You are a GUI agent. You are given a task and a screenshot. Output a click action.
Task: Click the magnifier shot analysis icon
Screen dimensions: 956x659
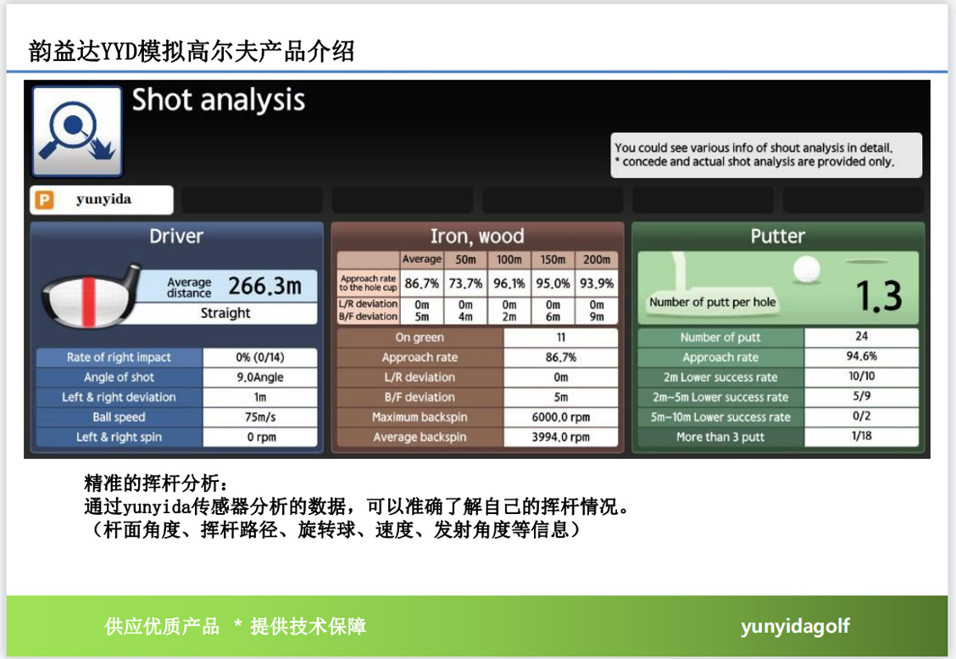77,131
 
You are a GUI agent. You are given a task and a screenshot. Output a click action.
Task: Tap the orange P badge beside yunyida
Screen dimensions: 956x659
45,199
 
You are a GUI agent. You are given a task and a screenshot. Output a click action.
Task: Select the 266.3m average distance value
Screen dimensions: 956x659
264,286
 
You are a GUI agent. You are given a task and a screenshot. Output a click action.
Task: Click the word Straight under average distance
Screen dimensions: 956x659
225,313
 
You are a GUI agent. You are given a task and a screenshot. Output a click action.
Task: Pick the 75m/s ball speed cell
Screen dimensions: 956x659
260,417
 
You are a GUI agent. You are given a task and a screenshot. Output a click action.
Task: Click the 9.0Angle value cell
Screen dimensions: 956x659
260,377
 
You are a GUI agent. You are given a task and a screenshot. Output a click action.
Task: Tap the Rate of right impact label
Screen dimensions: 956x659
119,358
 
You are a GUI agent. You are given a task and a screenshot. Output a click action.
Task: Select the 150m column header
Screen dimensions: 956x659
553,260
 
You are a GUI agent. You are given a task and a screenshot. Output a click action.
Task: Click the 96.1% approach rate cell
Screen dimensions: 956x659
509,284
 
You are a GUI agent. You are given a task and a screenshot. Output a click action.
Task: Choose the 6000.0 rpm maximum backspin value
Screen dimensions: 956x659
561,417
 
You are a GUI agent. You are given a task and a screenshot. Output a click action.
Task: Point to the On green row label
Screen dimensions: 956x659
420,338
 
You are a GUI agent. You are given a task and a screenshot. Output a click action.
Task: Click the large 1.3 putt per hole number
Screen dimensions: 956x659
879,297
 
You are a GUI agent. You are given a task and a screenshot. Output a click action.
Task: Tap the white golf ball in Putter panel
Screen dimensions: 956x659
807,269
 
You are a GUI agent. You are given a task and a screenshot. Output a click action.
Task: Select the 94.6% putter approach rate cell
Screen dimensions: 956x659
861,356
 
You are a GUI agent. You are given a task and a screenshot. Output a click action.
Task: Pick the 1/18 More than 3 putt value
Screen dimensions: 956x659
861,436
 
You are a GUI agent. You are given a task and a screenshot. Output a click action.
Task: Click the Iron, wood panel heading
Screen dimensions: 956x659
477,236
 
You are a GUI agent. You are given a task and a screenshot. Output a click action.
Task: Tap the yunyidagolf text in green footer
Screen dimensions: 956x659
795,627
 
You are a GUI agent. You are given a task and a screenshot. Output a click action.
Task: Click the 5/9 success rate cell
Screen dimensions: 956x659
861,396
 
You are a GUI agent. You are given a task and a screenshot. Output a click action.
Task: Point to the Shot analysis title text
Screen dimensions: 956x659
219,100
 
